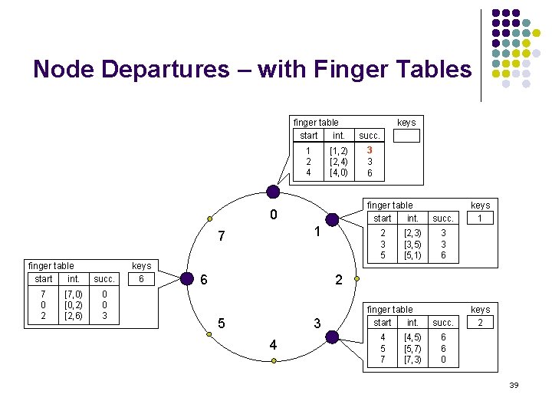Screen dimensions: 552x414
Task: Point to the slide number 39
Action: pyautogui.click(x=514, y=385)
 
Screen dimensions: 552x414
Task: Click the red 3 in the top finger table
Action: pyautogui.click(x=370, y=151)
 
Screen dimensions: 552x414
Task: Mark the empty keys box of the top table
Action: pyautogui.click(x=406, y=136)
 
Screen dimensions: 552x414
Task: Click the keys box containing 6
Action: pyautogui.click(x=141, y=280)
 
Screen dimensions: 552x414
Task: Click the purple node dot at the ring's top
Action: pyautogui.click(x=272, y=192)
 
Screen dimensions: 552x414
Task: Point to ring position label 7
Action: pyautogui.click(x=221, y=234)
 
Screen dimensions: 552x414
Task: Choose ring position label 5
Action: pyautogui.click(x=221, y=324)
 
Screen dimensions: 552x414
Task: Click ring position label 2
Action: pyautogui.click(x=338, y=281)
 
